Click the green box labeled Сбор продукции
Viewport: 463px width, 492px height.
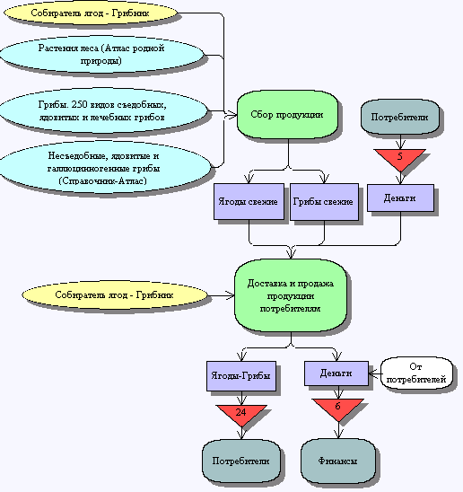click(x=287, y=115)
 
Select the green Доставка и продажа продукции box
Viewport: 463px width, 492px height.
click(x=291, y=295)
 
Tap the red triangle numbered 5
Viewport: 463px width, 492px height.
click(x=399, y=158)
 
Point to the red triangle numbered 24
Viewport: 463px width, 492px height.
click(x=241, y=414)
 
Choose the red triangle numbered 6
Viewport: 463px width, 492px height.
click(x=338, y=409)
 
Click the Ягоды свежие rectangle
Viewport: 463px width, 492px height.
click(x=249, y=202)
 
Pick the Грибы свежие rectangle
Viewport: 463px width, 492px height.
click(x=324, y=202)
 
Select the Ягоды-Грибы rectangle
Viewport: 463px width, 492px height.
click(x=241, y=376)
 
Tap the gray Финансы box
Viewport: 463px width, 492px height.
click(x=338, y=461)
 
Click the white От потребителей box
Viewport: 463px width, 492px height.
click(x=416, y=373)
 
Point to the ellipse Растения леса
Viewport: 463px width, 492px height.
click(x=101, y=55)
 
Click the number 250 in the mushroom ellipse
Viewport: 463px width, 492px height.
click(x=79, y=104)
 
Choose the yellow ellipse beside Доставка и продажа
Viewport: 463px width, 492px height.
click(x=115, y=295)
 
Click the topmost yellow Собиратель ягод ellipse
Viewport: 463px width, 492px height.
click(x=91, y=13)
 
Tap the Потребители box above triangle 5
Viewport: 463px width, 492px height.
click(x=399, y=117)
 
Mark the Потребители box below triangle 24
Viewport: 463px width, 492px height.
click(x=240, y=461)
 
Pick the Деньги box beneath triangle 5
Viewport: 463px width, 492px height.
click(x=400, y=198)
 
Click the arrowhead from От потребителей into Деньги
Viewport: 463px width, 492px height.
click(x=372, y=373)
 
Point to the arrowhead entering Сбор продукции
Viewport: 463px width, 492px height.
click(x=232, y=115)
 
